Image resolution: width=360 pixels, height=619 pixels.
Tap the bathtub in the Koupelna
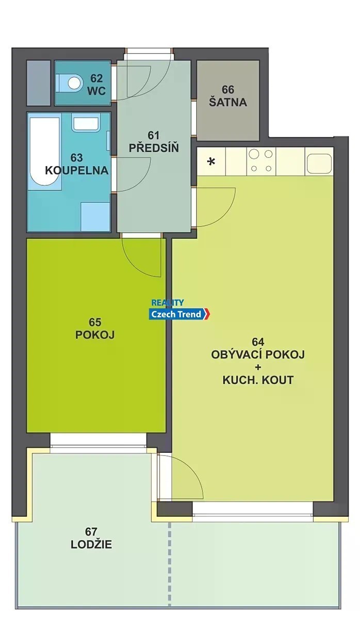(45, 153)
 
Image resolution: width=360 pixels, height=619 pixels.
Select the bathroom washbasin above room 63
(86, 123)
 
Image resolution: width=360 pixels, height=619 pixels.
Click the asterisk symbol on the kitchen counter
(211, 161)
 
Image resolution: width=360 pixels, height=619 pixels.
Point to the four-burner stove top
(261, 161)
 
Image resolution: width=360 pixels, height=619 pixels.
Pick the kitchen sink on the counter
(319, 163)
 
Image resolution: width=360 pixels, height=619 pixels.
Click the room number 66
(228, 90)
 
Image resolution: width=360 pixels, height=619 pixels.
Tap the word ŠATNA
(228, 102)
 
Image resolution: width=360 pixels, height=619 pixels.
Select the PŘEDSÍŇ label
(154, 148)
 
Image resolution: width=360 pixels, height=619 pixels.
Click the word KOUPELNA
(77, 171)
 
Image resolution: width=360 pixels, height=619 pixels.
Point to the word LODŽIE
(91, 544)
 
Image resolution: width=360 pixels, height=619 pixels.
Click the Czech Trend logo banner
(179, 314)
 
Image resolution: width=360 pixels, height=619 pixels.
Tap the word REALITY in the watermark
(168, 303)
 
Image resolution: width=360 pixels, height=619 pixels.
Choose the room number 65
(95, 322)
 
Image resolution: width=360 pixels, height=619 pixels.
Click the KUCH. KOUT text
(258, 380)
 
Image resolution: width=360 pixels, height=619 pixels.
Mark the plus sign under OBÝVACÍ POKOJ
(258, 367)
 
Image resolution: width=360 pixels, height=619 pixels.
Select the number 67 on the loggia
(91, 532)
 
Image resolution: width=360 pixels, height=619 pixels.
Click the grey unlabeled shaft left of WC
(38, 83)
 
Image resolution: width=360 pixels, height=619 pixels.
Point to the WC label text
(96, 91)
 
